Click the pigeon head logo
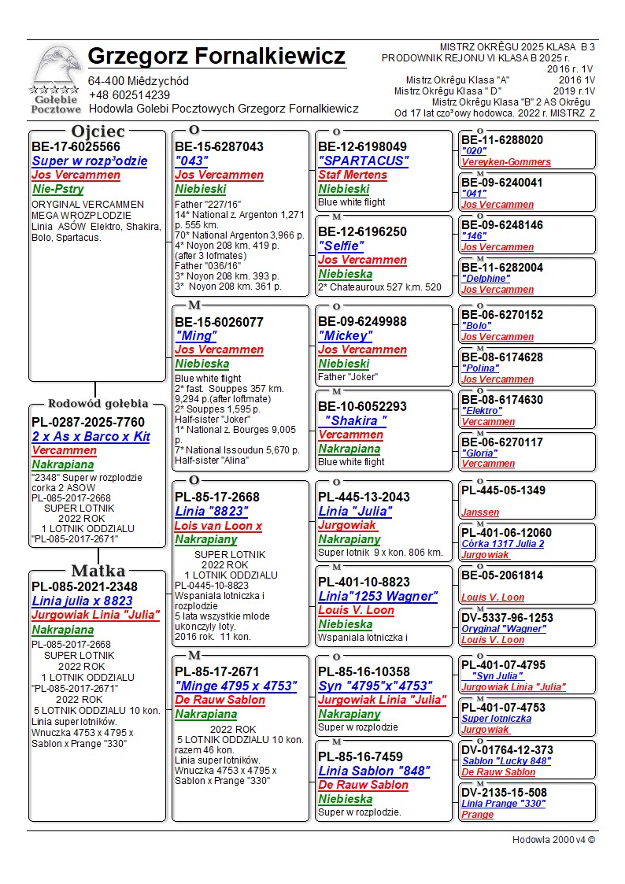click(55, 69)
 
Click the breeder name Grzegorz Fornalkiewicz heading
click(216, 57)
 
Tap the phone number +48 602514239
click(129, 95)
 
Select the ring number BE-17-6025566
click(76, 147)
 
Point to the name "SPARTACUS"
click(363, 161)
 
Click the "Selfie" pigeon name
click(341, 246)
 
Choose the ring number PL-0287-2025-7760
click(88, 423)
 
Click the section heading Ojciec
click(98, 131)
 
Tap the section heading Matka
click(98, 571)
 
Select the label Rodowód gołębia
click(98, 404)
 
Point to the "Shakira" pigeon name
click(353, 421)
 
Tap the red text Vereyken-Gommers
click(506, 162)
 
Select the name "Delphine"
click(485, 279)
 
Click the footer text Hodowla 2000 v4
click(553, 840)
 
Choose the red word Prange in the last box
click(477, 815)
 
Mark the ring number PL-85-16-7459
click(361, 757)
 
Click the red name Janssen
click(480, 512)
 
